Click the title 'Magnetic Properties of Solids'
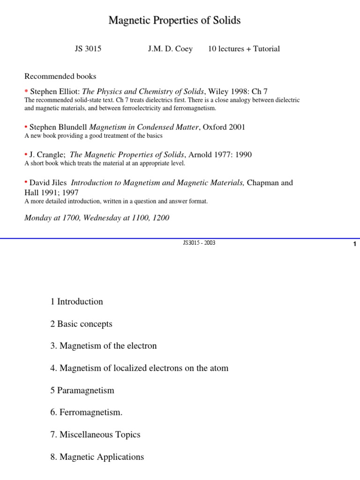tap(174, 21)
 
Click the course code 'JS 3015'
tap(88, 49)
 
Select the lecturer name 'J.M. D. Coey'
tap(170, 49)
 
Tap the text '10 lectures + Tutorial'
tap(244, 49)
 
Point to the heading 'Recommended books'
tap(60, 76)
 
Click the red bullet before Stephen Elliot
tap(26, 91)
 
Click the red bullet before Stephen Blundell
tap(26, 127)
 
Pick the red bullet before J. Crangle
tap(26, 154)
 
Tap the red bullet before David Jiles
tap(26, 182)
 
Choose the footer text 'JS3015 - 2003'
tap(199, 243)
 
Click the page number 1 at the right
tap(355, 244)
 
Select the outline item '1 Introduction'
tap(76, 301)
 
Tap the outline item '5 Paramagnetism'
tap(82, 390)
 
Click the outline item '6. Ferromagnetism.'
tap(86, 412)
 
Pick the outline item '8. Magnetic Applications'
tap(97, 457)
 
